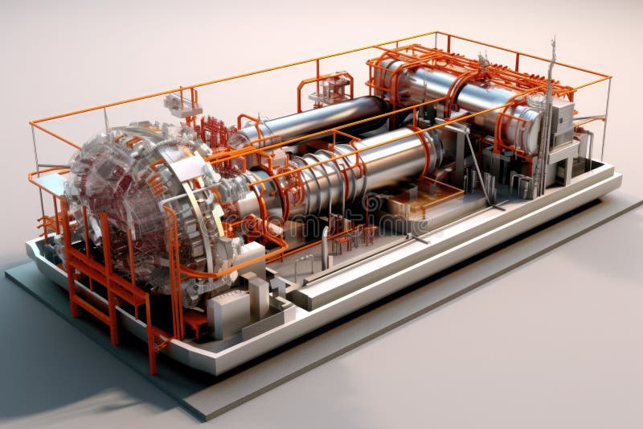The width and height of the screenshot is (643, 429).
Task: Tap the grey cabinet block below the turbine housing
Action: [229, 310]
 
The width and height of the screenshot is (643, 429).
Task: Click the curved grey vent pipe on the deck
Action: [325, 245]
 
